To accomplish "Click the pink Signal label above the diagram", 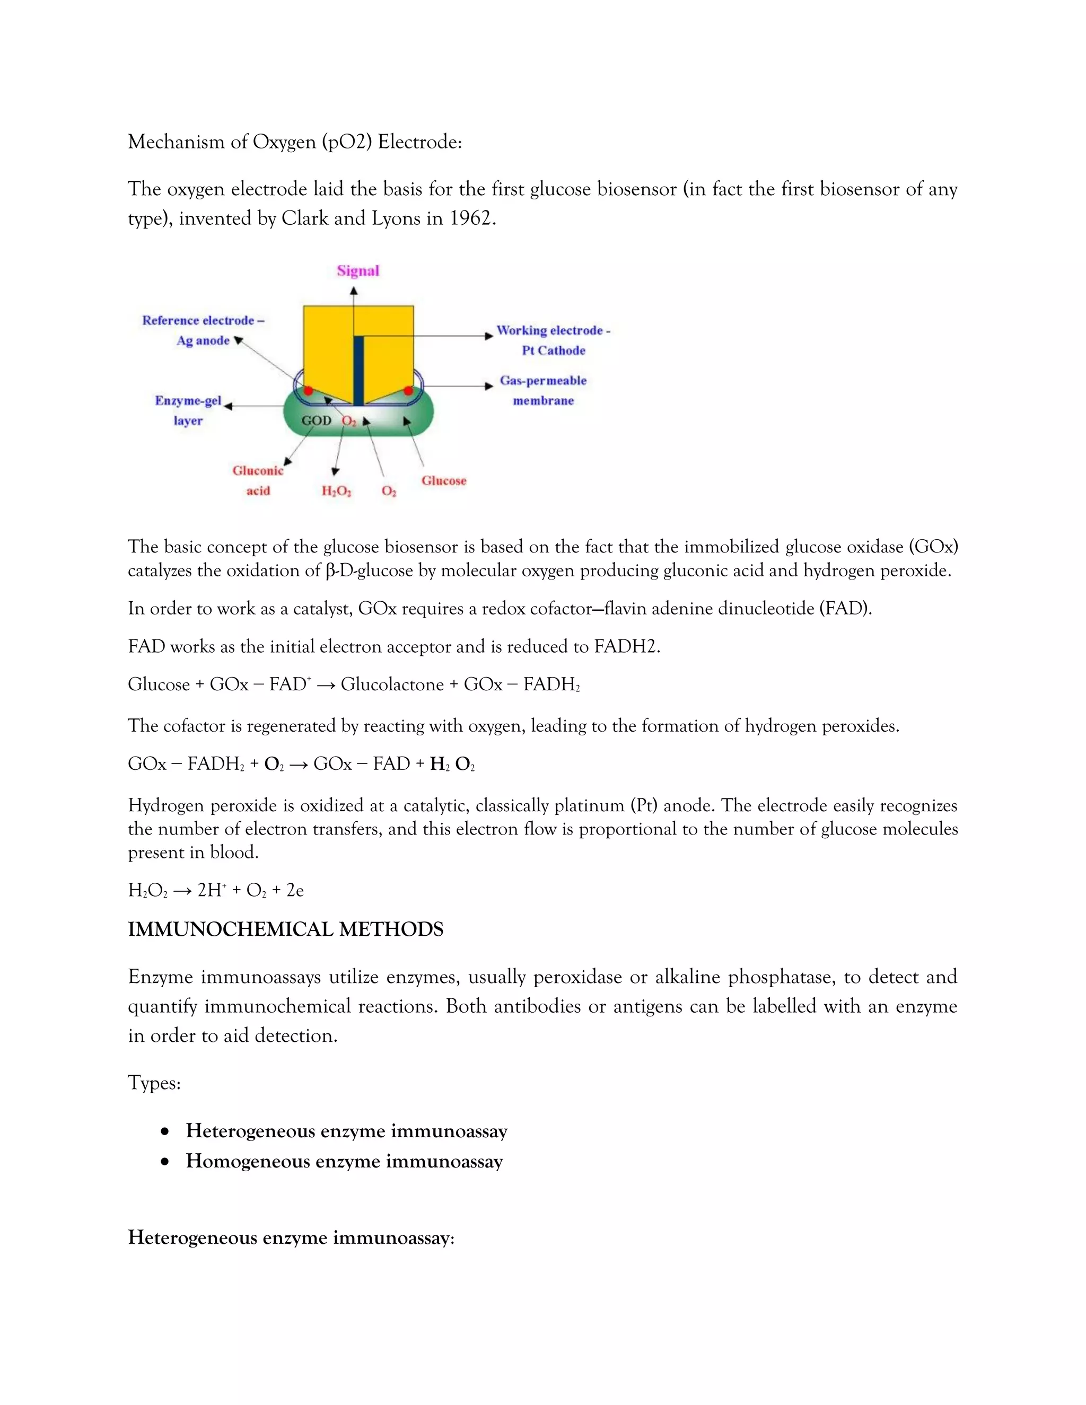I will point(358,271).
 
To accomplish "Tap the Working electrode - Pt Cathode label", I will point(553,340).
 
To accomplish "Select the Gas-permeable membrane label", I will point(544,391).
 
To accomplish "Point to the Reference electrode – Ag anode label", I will point(203,330).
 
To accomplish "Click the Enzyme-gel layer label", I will point(188,410).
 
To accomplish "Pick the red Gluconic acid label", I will point(258,480).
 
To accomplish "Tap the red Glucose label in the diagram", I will point(443,480).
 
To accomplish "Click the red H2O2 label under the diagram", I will point(336,491).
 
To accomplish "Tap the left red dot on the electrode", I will point(309,391).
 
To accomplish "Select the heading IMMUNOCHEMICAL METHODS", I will point(286,929).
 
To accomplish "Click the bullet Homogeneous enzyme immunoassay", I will point(344,1162).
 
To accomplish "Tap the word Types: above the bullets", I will point(154,1083).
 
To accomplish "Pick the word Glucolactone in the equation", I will point(392,684).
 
